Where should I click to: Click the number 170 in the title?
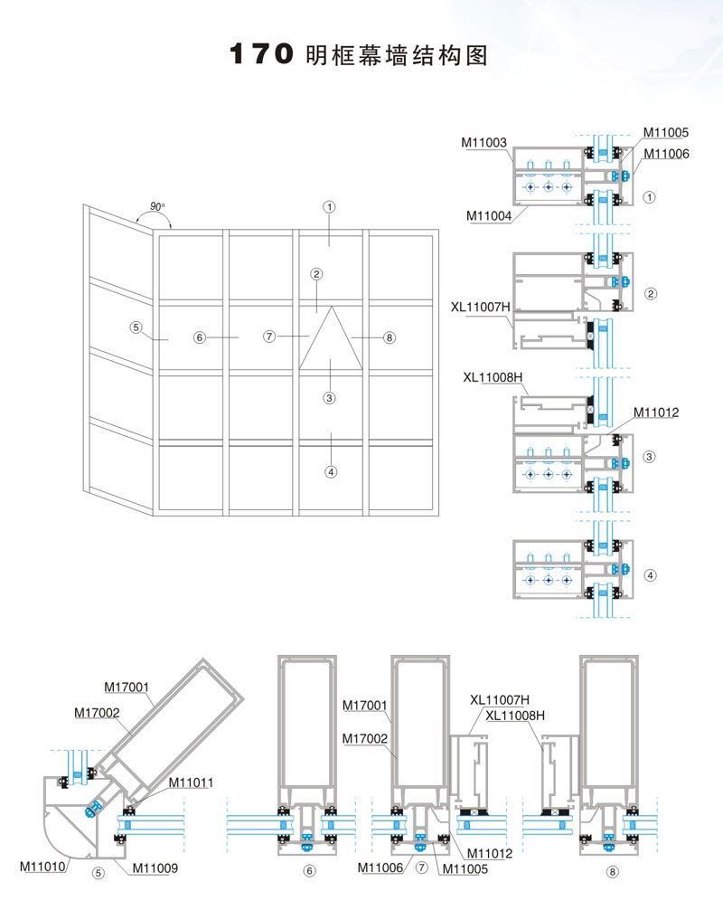260,55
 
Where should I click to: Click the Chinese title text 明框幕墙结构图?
397,55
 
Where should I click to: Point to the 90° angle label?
157,207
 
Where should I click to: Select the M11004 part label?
490,214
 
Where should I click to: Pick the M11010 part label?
42,867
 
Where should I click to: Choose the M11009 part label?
155,868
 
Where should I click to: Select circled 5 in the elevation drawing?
136,327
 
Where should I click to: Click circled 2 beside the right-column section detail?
650,294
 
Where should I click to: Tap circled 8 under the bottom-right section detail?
614,872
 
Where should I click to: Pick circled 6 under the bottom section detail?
309,872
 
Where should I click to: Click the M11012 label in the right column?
655,413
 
